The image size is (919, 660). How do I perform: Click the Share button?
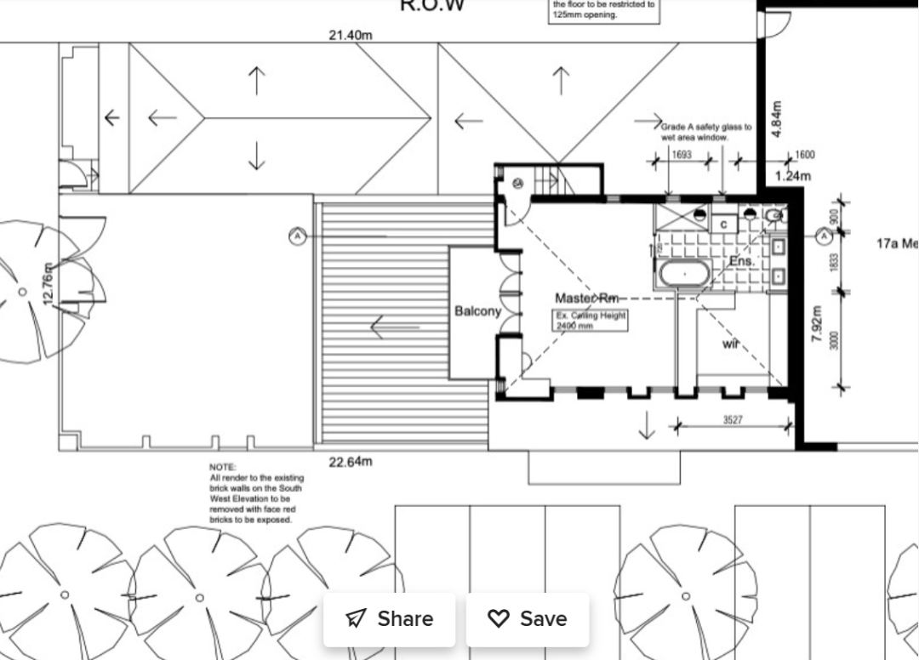point(389,618)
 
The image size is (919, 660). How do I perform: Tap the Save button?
point(527,618)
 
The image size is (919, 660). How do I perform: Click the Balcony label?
point(477,311)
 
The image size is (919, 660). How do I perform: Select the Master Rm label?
point(586,298)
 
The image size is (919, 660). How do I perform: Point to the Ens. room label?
point(741,261)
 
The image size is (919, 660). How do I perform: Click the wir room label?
point(731,344)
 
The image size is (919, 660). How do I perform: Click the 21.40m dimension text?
point(351,35)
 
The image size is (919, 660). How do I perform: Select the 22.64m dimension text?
point(351,462)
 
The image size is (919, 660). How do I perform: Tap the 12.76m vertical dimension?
point(49,285)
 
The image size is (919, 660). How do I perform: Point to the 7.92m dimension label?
point(817,324)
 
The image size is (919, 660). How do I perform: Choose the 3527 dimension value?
point(732,420)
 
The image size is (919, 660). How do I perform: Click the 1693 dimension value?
point(682,155)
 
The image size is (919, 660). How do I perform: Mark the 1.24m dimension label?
point(793,176)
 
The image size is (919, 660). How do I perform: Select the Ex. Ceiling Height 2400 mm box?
point(591,320)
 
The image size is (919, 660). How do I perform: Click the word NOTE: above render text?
point(222,468)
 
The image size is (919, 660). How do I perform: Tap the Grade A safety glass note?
point(705,131)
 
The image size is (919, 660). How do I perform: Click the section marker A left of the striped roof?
point(297,236)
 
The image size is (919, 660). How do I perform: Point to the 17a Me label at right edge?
point(897,244)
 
